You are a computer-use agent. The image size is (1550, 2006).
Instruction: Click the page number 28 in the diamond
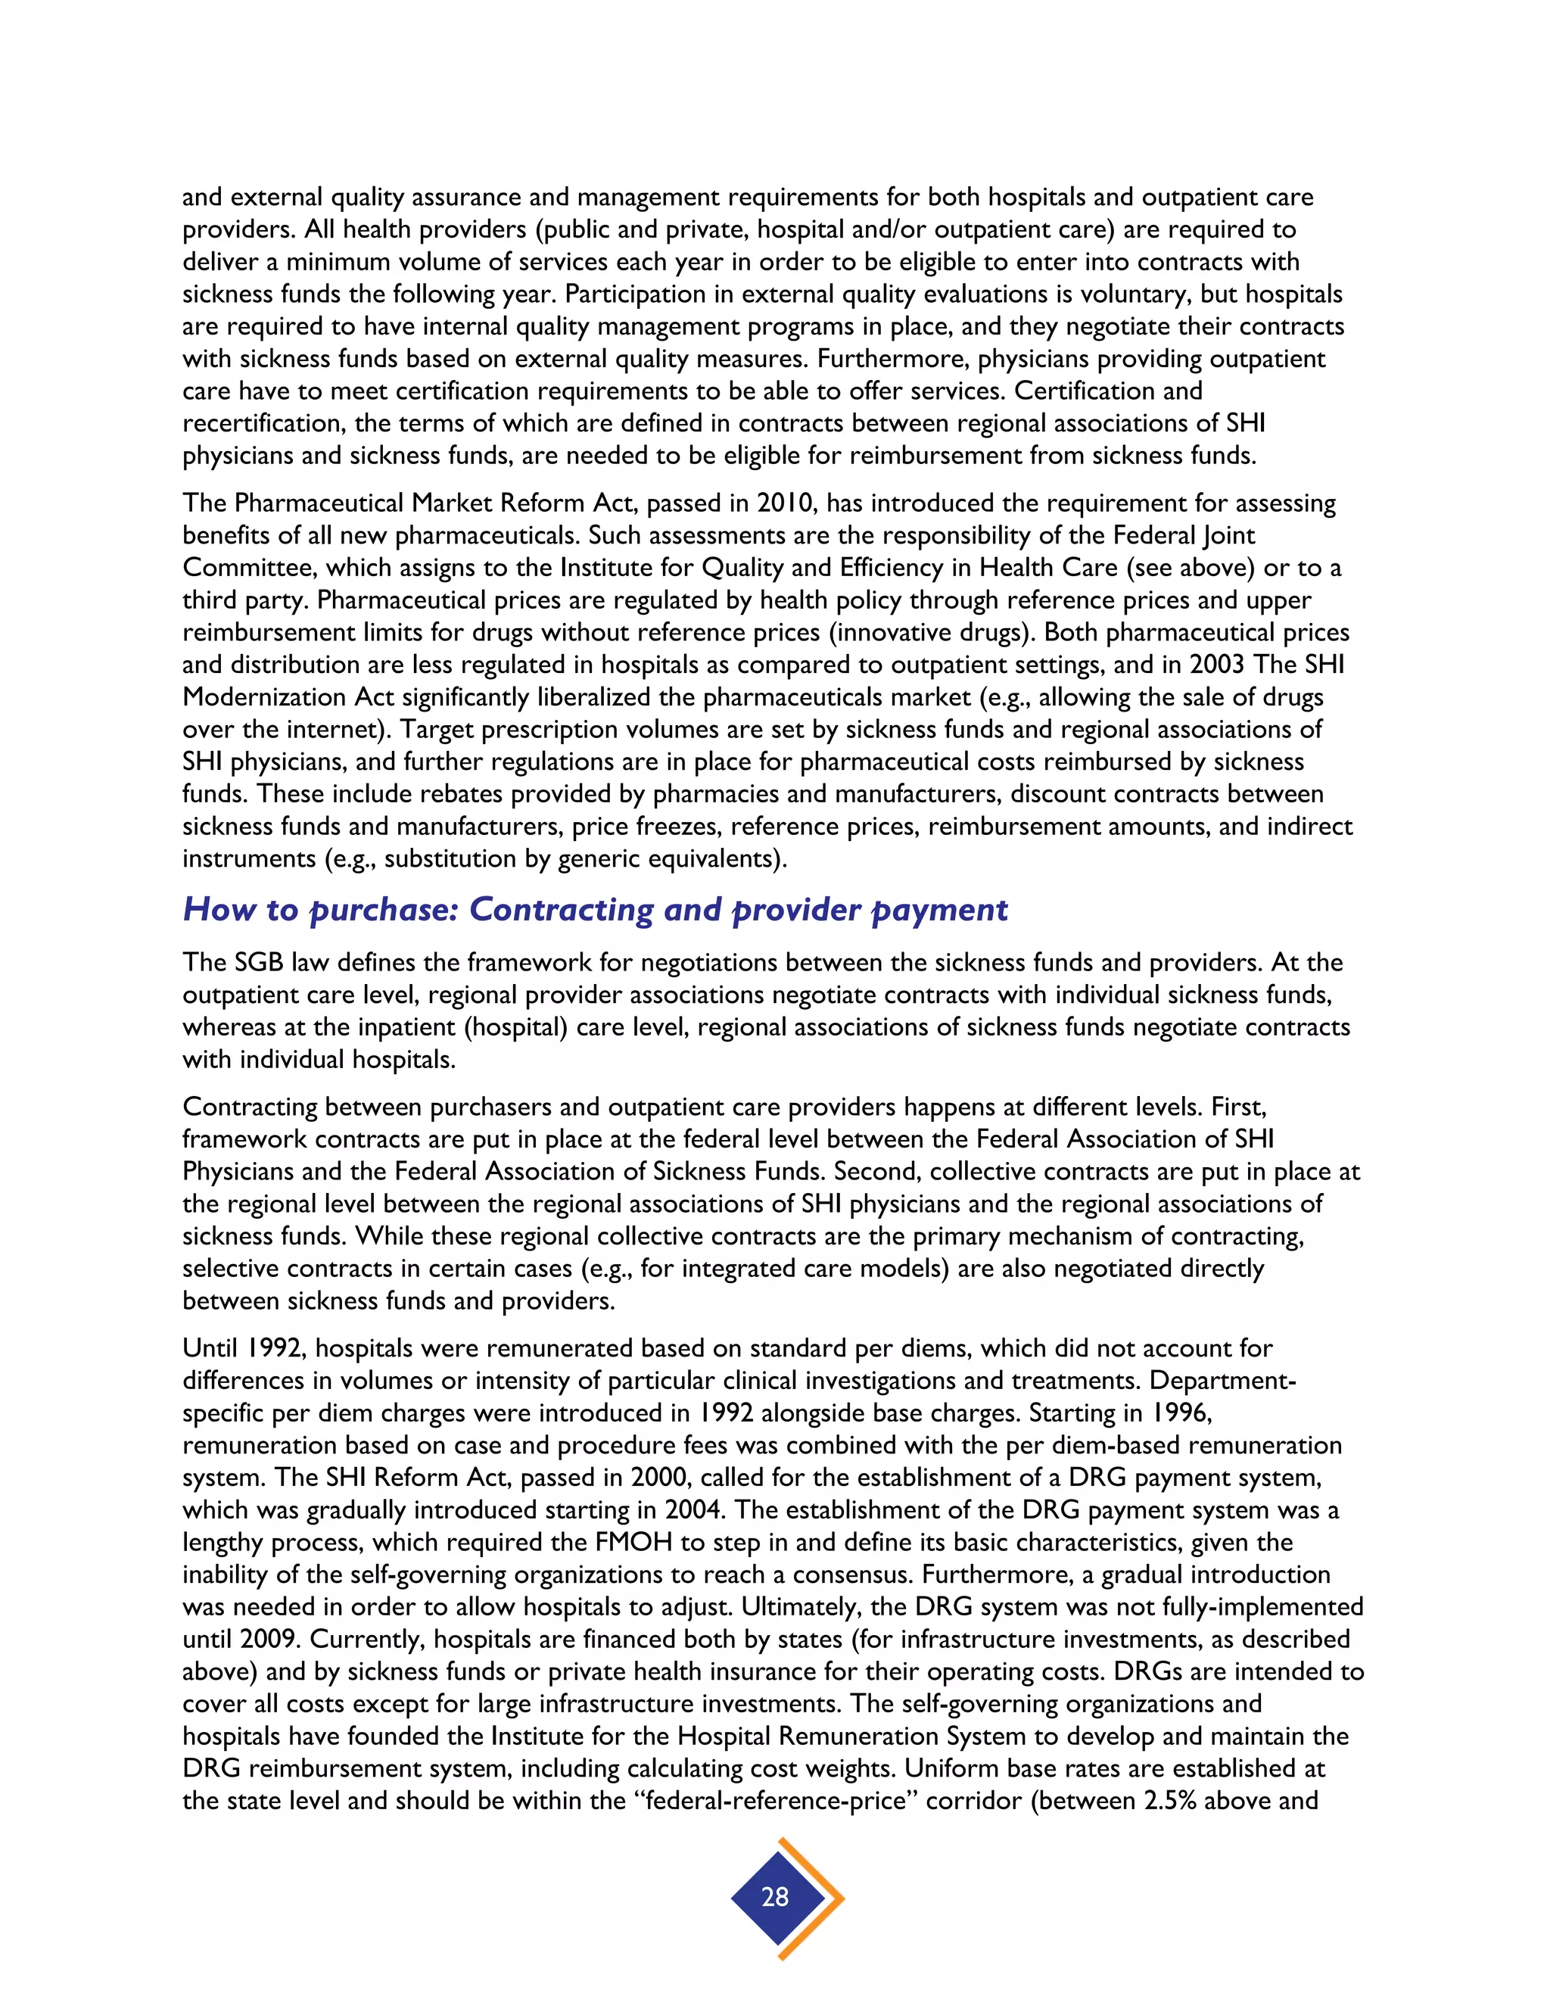tap(775, 1897)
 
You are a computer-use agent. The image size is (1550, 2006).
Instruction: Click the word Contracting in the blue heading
tap(562, 909)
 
